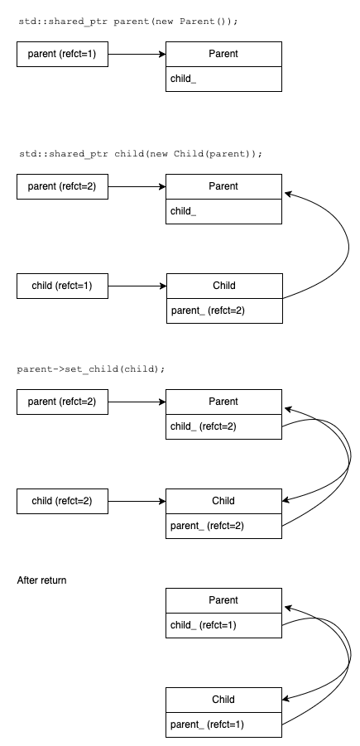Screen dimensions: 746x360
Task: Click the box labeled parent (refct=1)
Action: point(62,54)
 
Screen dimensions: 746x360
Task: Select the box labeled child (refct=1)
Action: point(62,286)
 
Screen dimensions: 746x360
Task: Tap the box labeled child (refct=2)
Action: point(62,501)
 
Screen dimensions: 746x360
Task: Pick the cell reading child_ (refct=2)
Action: point(223,426)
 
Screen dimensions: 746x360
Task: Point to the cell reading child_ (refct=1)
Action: point(223,625)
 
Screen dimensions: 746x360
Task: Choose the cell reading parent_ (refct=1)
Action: point(223,724)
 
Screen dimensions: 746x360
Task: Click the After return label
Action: point(42,580)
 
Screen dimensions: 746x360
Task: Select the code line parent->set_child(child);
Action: point(90,368)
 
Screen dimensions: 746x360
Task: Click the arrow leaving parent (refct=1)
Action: point(137,54)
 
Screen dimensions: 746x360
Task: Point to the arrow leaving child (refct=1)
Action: point(137,286)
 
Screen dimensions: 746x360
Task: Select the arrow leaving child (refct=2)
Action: point(137,501)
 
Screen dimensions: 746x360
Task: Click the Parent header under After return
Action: point(223,600)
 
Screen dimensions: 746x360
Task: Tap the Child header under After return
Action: point(223,700)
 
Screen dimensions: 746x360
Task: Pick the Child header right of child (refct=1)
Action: point(223,286)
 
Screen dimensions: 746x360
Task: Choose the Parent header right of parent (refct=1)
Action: point(223,54)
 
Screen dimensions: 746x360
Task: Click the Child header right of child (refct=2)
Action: point(223,501)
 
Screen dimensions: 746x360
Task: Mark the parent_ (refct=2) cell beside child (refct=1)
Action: point(223,310)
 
